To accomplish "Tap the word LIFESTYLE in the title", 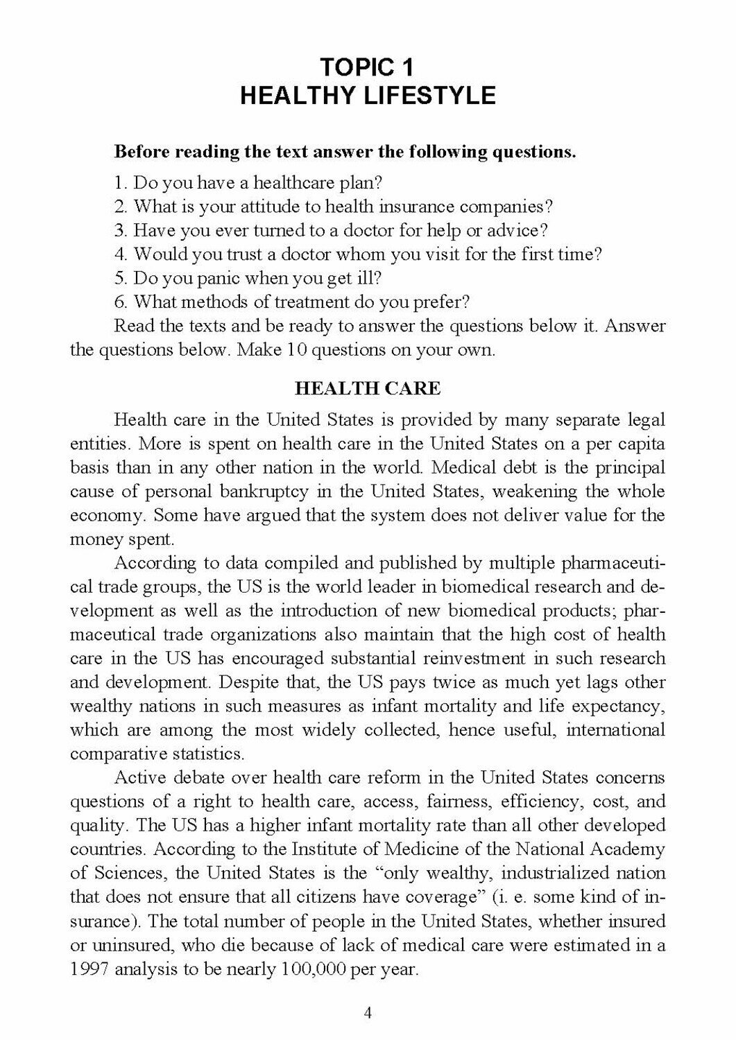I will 429,95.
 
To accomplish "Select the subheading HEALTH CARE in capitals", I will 368,388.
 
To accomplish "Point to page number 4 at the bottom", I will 368,1013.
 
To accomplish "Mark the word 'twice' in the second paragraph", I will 453,682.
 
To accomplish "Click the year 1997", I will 89,969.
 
